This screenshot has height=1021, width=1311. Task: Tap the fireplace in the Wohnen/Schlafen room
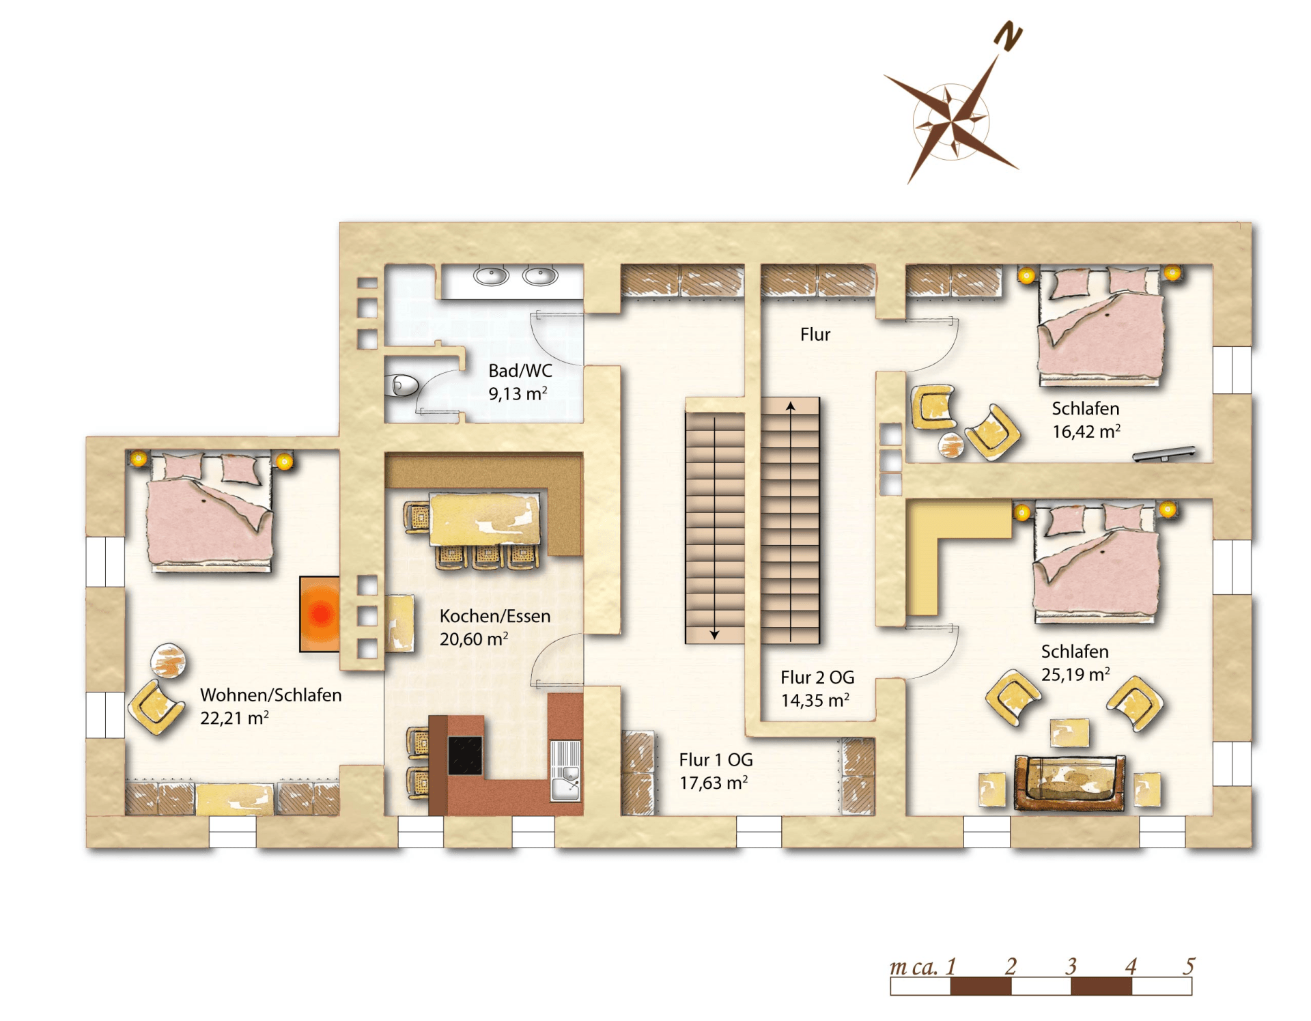(320, 614)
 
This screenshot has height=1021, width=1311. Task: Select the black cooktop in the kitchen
(465, 755)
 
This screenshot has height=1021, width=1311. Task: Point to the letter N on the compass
(1008, 36)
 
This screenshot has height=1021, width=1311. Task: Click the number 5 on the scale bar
(1189, 966)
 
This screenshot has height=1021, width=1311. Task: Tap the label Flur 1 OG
(716, 759)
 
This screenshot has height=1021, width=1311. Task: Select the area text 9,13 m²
(518, 394)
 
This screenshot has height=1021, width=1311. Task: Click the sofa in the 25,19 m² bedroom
(1069, 783)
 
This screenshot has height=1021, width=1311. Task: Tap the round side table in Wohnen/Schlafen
(168, 661)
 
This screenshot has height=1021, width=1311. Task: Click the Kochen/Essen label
(495, 616)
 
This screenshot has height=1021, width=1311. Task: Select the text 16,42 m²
(1086, 432)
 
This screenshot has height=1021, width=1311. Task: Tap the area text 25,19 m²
(1075, 675)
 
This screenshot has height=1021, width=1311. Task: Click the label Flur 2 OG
(817, 677)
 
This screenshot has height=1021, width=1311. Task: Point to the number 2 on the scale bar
(1011, 966)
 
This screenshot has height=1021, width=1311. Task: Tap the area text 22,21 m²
(234, 718)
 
